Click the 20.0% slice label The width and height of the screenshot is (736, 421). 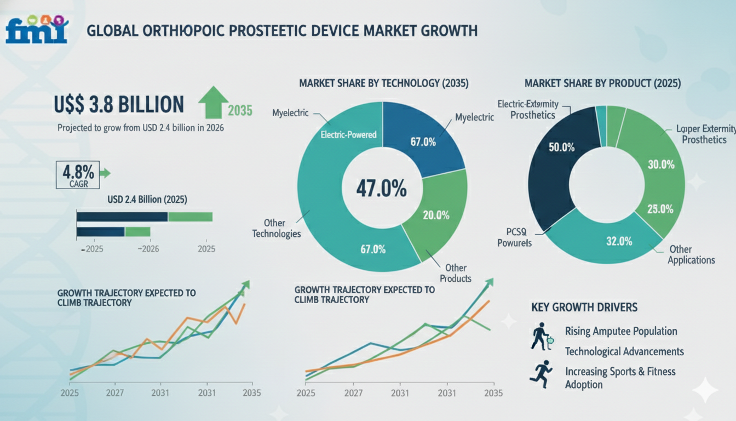[436, 215]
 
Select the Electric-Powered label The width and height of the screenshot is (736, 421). [348, 134]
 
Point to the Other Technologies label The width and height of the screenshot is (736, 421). [277, 229]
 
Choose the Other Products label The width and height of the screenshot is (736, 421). [455, 273]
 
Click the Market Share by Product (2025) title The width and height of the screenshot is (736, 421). [602, 84]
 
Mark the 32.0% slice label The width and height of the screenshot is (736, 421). [619, 241]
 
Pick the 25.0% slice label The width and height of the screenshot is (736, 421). [659, 209]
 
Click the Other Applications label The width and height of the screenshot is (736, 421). [691, 254]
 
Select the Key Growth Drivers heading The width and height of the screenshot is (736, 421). [584, 307]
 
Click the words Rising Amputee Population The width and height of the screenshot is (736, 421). [621, 331]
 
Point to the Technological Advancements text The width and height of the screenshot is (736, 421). [624, 351]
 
